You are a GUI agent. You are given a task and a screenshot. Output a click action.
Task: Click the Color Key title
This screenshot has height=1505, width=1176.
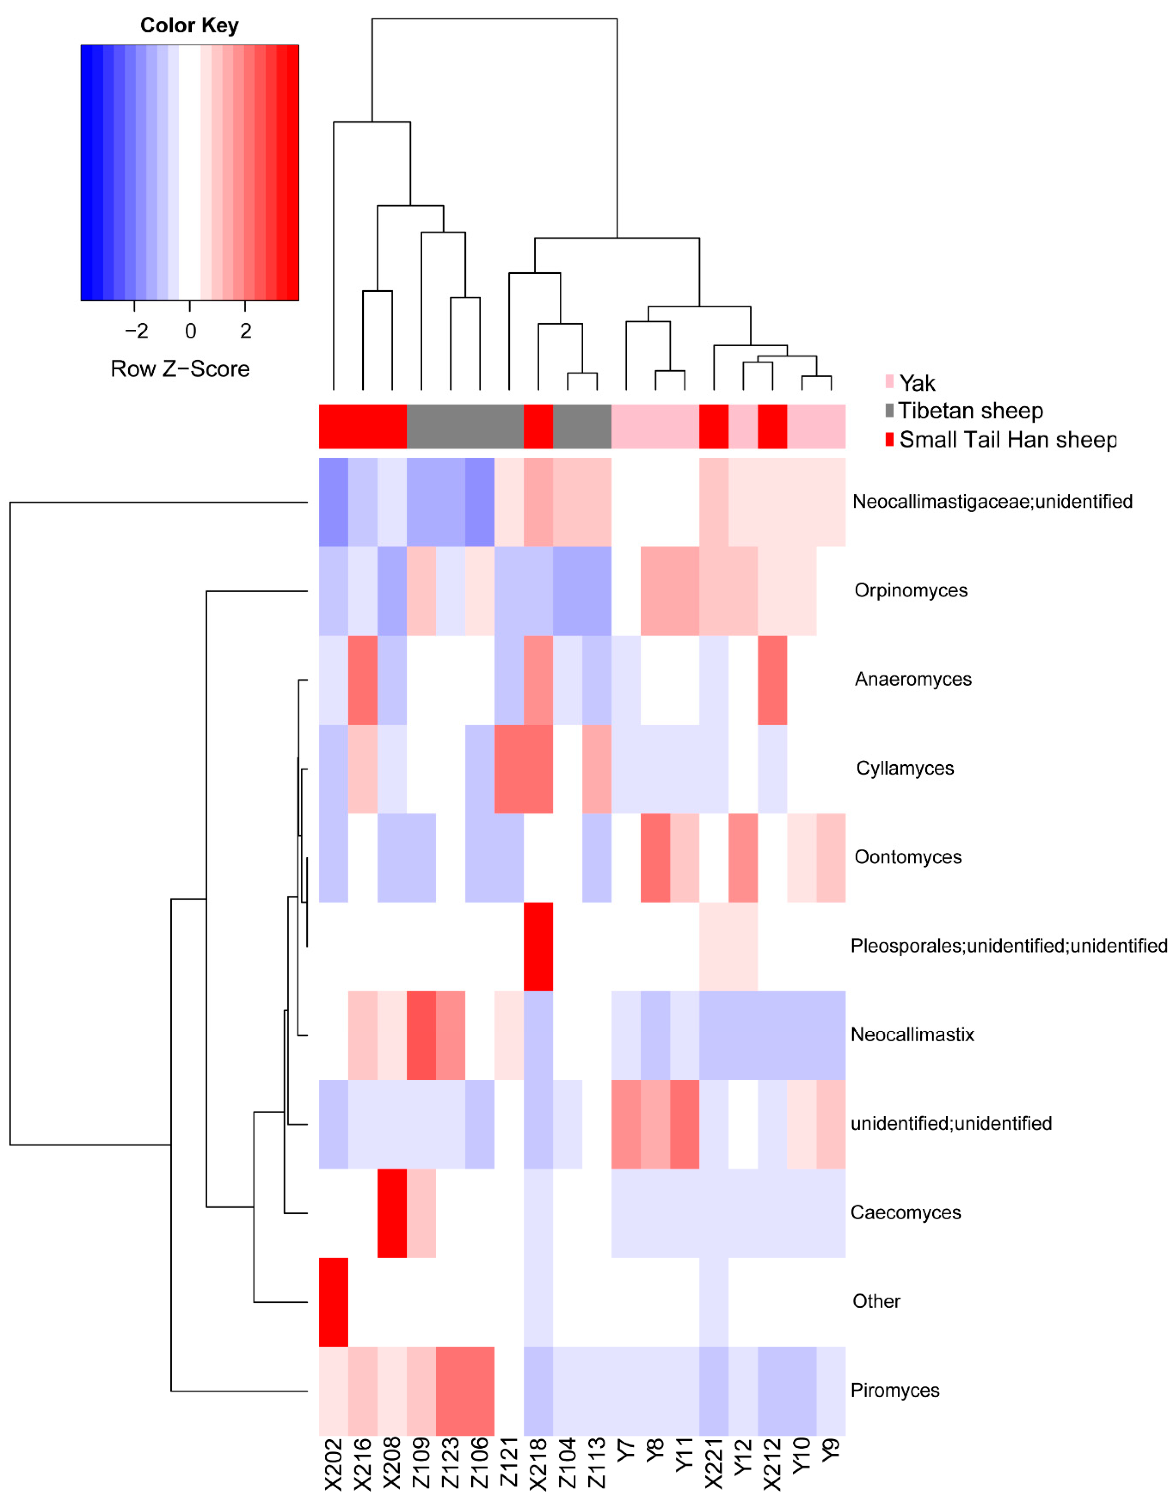[x=190, y=26]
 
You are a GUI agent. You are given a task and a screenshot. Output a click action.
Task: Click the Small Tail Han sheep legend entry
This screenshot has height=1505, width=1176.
[x=1007, y=440]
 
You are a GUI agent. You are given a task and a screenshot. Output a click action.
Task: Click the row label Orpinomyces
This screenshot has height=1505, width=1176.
[x=911, y=590]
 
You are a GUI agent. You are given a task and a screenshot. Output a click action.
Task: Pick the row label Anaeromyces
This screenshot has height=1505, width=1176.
[x=913, y=680]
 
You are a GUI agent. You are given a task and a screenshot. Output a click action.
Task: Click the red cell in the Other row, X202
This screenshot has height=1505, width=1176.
[x=333, y=1302]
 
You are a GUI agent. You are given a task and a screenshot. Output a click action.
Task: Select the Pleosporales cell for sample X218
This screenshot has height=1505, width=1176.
[x=538, y=946]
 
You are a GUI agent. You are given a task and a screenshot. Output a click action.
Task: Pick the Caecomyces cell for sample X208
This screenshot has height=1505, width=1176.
[x=392, y=1213]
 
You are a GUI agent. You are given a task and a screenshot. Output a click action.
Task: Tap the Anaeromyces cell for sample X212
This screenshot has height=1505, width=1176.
[x=772, y=680]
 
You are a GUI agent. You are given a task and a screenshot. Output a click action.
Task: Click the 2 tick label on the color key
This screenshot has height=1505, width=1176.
[x=245, y=332]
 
